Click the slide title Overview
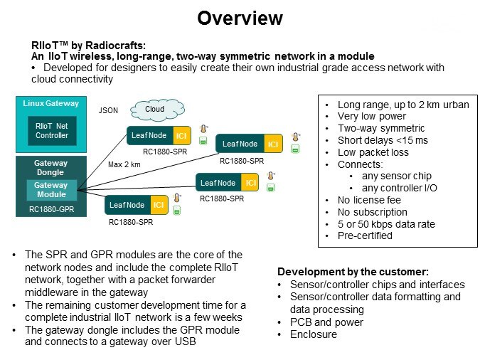point(240,18)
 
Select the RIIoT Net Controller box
point(52,131)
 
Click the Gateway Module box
point(52,189)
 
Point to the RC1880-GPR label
point(52,210)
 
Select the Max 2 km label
point(124,165)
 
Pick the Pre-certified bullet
point(365,235)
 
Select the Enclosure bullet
point(314,334)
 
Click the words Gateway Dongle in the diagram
point(52,168)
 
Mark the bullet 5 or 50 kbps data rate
point(385,223)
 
